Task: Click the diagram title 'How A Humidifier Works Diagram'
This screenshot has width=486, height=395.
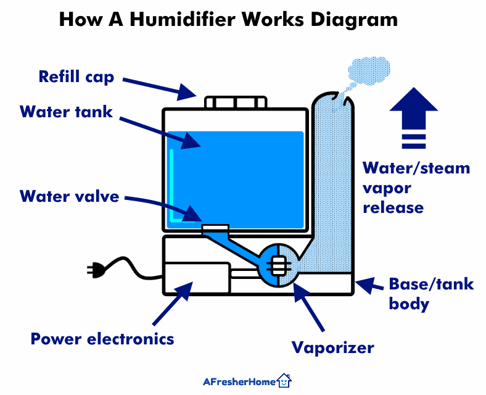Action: [228, 20]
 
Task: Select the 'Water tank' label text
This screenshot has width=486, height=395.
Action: [66, 112]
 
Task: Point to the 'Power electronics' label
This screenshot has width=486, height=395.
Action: [102, 338]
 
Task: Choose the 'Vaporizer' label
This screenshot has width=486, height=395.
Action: [333, 347]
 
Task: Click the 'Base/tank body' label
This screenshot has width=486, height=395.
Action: [431, 293]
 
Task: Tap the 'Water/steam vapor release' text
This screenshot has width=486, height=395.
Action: [416, 187]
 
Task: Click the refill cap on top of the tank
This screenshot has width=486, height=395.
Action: [236, 102]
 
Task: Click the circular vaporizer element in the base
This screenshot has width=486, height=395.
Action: [278, 266]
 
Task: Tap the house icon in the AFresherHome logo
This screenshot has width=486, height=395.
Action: [284, 381]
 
